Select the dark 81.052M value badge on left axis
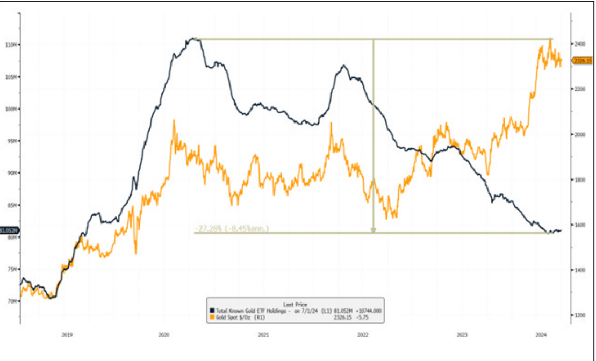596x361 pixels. (9, 230)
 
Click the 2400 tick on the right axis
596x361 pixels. (579, 44)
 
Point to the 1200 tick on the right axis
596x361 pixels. (579, 315)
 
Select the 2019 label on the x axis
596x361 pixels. (67, 335)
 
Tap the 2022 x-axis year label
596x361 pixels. (363, 335)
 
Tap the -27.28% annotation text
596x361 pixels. (231, 229)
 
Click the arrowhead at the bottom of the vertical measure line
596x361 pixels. (374, 230)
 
